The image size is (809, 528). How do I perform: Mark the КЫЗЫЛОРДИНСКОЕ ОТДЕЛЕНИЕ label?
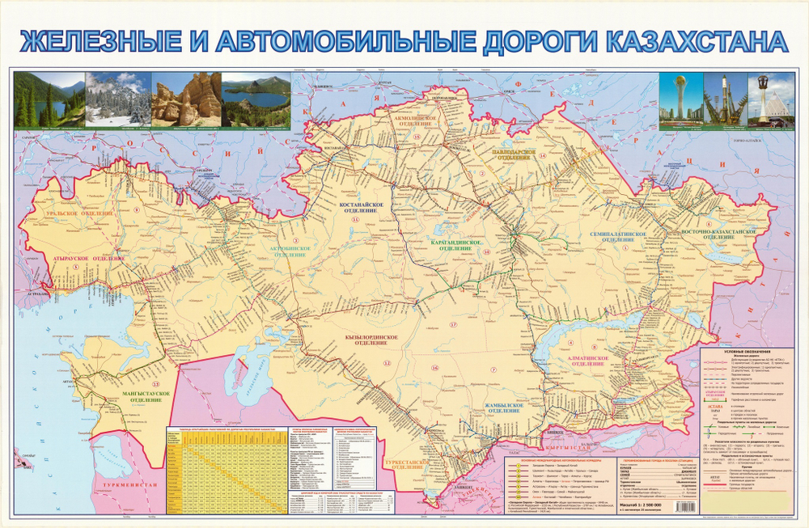click(x=361, y=340)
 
